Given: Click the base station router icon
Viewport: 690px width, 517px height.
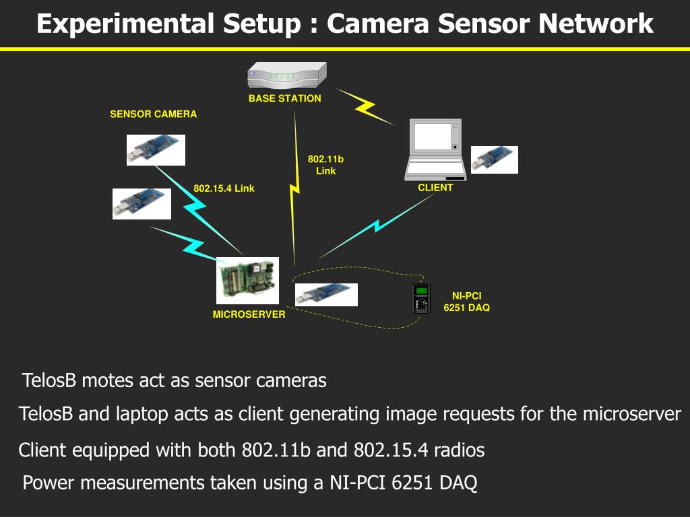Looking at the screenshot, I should [x=287, y=75].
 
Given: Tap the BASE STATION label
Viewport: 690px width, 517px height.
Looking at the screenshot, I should [x=284, y=98].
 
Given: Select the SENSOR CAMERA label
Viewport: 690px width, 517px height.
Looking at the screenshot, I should [x=154, y=114].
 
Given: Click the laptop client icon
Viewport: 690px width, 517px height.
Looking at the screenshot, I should [x=435, y=149].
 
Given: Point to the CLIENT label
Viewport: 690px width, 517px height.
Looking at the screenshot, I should [x=435, y=188].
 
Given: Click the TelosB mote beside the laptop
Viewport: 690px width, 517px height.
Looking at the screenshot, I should [x=494, y=160].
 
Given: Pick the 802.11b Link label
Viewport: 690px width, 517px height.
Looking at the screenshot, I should [x=325, y=165].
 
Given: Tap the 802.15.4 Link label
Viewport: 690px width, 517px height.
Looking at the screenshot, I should [x=224, y=188].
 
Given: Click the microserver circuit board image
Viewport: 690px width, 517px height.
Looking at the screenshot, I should [x=247, y=281].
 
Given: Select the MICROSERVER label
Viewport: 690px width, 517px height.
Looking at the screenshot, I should [x=249, y=314].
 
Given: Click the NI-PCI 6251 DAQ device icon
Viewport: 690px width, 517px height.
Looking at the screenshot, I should [x=421, y=298].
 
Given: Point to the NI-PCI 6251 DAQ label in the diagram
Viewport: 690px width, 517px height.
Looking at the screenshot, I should [x=466, y=302].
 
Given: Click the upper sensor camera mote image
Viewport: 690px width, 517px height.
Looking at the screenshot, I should [x=156, y=149].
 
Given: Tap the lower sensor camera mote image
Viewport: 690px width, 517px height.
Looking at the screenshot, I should [x=142, y=203].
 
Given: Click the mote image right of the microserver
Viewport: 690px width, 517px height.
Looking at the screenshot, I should [x=326, y=294].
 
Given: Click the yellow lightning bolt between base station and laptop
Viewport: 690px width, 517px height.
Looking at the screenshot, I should [x=365, y=106].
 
